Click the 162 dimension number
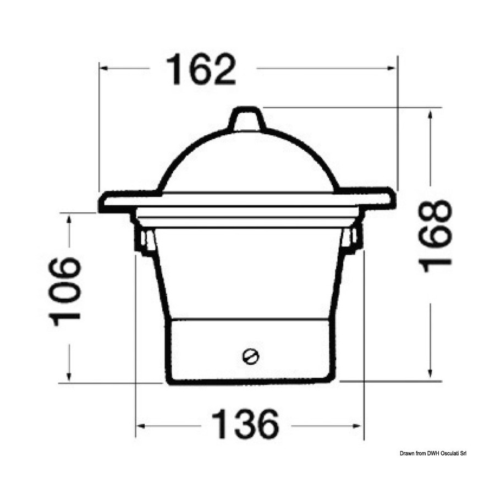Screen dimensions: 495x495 pos(201,69)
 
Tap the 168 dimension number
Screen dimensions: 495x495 pos(435,236)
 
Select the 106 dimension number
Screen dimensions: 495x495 pos(65,291)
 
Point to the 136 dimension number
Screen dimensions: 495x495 pos(245,424)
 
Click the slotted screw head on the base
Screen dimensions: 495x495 pos(251,357)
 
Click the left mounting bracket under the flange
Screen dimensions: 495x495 pos(144,240)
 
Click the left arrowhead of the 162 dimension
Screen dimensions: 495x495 pos(105,68)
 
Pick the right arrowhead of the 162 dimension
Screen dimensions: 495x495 pos(391,68)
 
